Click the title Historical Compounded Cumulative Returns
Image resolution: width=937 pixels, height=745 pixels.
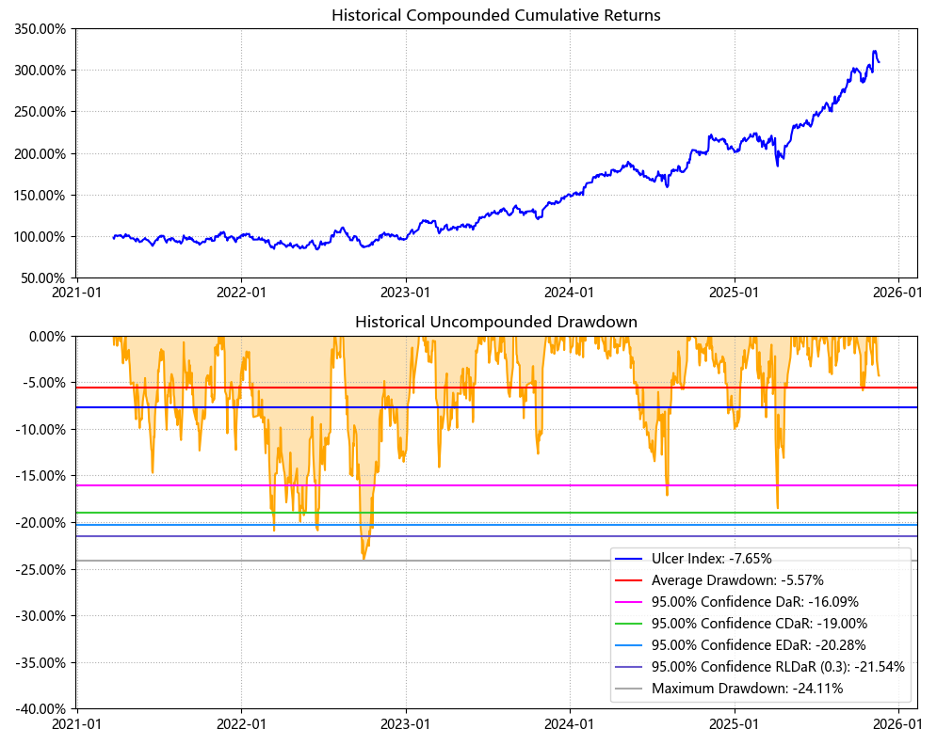pos(495,15)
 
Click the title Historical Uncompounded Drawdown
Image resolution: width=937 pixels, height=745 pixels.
pos(495,322)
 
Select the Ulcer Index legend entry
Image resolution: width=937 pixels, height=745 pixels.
pos(711,559)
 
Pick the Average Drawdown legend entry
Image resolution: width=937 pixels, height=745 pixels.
pos(737,580)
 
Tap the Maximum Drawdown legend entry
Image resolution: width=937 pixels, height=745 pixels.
pos(747,689)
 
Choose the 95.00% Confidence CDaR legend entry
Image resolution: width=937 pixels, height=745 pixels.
pos(759,624)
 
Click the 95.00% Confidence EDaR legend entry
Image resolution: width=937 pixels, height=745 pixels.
pos(758,645)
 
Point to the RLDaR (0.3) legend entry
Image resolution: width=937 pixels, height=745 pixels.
pos(778,667)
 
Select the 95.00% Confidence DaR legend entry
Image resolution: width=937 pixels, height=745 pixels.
pos(754,602)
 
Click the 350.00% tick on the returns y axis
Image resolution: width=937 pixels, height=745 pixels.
pos(40,28)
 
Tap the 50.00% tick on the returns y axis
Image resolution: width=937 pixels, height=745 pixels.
pos(42,278)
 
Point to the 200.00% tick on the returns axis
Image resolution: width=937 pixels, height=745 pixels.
pos(40,153)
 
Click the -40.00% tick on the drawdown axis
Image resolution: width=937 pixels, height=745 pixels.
pos(39,709)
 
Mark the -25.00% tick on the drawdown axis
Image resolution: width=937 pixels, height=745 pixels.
pos(39,569)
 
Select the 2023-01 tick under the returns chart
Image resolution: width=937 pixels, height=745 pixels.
pos(406,293)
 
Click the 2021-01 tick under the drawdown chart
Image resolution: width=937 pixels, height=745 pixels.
pos(77,724)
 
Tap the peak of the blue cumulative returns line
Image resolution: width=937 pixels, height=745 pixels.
pos(875,51)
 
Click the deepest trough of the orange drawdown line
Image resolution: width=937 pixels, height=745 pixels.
pos(363,560)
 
